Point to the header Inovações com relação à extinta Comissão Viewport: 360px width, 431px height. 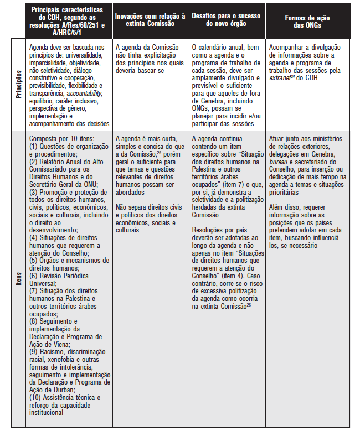click(149, 21)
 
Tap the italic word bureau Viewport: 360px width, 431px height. click(279, 160)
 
